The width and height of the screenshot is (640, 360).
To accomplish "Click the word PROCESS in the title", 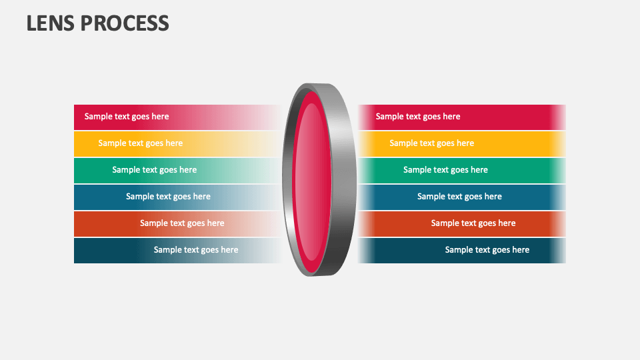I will pyautogui.click(x=125, y=23).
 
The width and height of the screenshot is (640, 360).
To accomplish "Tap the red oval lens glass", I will pyautogui.click(x=313, y=180).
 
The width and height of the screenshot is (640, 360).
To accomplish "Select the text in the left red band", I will pyautogui.click(x=127, y=117).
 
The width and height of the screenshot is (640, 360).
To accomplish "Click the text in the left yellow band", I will pyautogui.click(x=140, y=143).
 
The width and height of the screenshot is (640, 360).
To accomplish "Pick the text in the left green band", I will pyautogui.click(x=154, y=170).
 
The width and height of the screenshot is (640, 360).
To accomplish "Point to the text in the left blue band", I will pyautogui.click(x=168, y=197).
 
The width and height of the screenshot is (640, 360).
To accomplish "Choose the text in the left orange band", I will pyautogui.click(x=182, y=223).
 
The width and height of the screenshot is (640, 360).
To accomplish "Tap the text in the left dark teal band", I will pyautogui.click(x=196, y=250).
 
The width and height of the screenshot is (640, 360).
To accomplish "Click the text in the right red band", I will pyautogui.click(x=418, y=117).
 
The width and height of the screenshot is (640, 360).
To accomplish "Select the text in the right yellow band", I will pyautogui.click(x=432, y=143).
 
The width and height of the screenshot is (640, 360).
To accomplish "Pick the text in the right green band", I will pyautogui.click(x=445, y=170).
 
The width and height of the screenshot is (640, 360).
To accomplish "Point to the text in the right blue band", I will pyautogui.click(x=459, y=197).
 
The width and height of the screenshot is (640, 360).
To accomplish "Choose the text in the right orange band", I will pyautogui.click(x=473, y=223).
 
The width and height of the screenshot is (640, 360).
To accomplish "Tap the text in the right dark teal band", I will pyautogui.click(x=487, y=250).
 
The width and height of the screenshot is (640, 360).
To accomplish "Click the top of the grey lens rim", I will pyautogui.click(x=319, y=87).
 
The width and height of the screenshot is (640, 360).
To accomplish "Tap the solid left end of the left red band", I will pyautogui.click(x=78, y=117).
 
